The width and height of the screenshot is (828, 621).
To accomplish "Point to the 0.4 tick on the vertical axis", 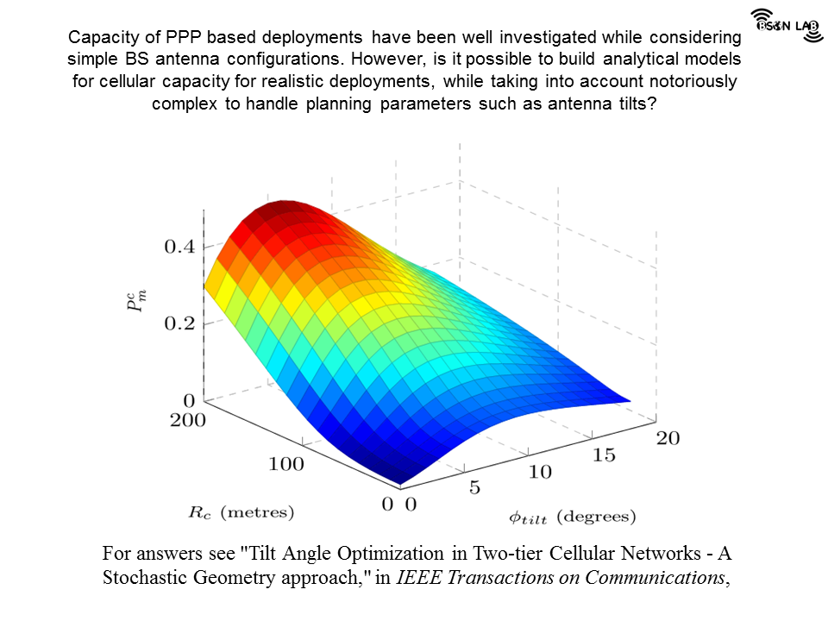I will click(179, 247).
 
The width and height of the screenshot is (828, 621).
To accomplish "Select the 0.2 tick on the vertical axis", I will click(179, 323).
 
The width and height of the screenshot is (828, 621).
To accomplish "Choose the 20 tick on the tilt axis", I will click(667, 438).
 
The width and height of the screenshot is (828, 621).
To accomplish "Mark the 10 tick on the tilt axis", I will click(540, 472).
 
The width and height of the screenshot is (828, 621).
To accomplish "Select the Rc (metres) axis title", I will click(241, 512).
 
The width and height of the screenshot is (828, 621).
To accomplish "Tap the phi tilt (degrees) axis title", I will click(572, 517).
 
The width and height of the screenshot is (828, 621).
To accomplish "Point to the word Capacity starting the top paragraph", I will click(98, 38).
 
